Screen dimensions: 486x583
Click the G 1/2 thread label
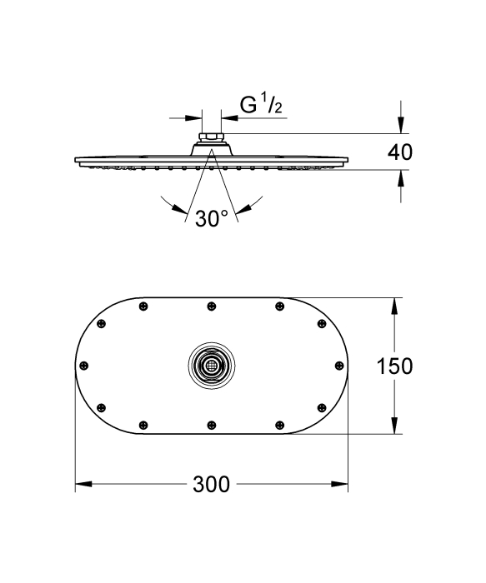point(261,104)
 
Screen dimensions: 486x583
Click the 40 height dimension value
point(400,152)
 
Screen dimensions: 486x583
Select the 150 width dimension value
point(395,366)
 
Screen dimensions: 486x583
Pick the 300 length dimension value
point(212,485)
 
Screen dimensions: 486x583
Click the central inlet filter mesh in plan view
point(212,366)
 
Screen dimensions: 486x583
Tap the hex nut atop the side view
point(211,137)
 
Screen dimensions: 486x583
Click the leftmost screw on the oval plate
point(84,366)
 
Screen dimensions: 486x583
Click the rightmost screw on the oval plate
point(339,366)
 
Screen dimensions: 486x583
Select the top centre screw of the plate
point(212,306)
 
